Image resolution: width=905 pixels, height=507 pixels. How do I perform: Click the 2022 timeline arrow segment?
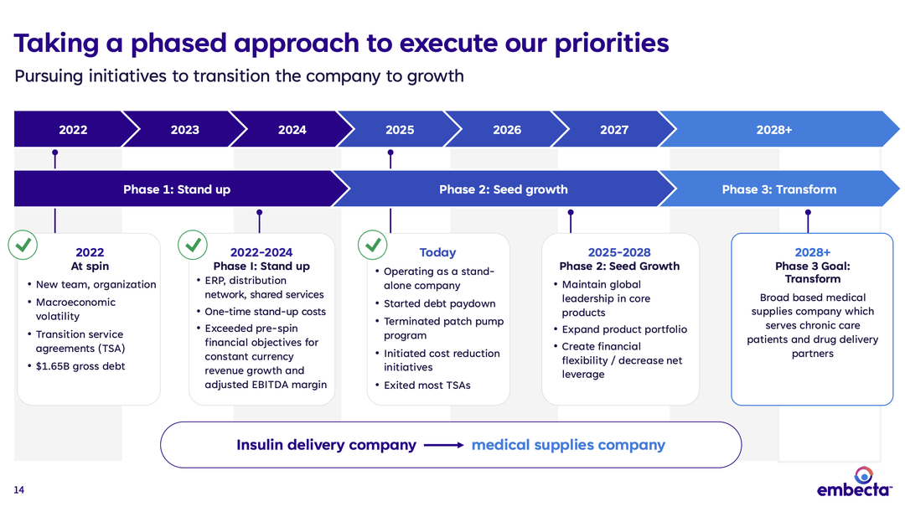click(73, 130)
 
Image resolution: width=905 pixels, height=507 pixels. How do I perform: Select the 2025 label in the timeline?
click(400, 130)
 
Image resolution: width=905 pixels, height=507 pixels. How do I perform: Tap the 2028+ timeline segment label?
click(773, 130)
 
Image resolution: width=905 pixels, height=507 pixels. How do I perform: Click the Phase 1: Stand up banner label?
click(176, 189)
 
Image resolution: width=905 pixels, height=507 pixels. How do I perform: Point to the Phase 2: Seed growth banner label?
click(503, 189)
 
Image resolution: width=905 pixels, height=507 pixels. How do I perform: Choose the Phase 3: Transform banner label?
click(778, 189)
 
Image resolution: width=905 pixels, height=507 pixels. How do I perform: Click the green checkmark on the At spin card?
click(23, 246)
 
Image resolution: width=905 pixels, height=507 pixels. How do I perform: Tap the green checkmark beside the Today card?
click(373, 246)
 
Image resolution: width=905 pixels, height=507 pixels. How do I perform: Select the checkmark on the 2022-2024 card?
click(194, 246)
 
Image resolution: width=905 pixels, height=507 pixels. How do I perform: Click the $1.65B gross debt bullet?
click(80, 366)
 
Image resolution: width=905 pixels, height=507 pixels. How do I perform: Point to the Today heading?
click(437, 252)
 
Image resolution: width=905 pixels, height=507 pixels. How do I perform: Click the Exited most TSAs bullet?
click(427, 385)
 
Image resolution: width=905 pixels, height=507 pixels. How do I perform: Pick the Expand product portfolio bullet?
click(624, 329)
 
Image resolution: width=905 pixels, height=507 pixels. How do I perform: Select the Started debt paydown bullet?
click(439, 303)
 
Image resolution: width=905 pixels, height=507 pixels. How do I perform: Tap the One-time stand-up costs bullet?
click(265, 312)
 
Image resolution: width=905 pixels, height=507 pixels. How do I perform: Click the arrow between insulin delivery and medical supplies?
click(443, 445)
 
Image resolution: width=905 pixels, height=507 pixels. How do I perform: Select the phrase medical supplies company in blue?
click(568, 445)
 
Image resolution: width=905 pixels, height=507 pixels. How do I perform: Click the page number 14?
click(19, 490)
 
